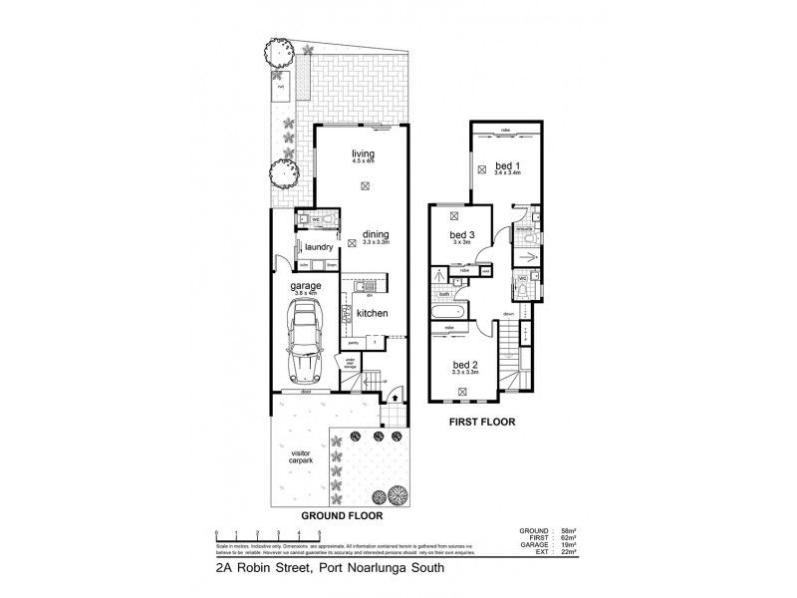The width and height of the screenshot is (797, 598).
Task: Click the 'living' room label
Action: pos(362,152)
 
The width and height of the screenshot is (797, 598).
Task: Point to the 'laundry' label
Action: pos(318,246)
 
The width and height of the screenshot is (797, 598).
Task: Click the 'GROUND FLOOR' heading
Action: pos(342,518)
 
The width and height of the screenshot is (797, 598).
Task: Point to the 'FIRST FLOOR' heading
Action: pos(480,422)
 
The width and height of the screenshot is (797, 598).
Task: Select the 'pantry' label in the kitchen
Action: pos(352,342)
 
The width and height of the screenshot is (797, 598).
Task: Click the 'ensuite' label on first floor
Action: pos(524,230)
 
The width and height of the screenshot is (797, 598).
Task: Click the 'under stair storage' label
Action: pos(350,364)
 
